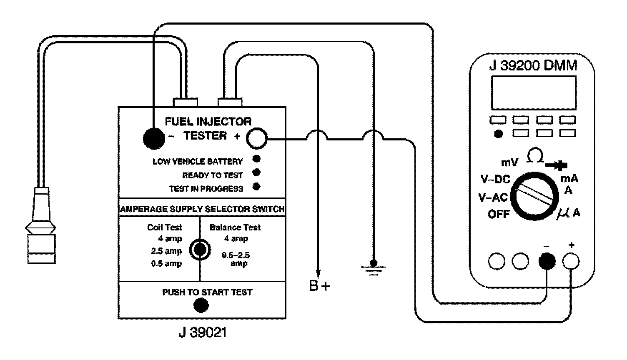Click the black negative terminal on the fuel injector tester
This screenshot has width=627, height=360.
coord(154,138)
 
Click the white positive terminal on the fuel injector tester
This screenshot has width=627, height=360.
coord(256,139)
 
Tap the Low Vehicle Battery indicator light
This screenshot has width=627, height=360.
coord(257,159)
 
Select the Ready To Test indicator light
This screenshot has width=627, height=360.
coord(257,172)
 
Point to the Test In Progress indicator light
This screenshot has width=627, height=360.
coord(257,186)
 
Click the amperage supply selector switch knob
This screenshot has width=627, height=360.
coord(199,249)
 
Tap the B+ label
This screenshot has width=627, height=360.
coord(320,287)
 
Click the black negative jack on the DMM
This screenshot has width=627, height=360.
coord(547,261)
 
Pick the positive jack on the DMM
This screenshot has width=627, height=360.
coord(571,261)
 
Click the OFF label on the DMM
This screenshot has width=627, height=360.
coord(499,214)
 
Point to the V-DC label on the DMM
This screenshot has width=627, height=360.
coord(495,180)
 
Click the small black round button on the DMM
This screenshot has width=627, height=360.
coord(498,134)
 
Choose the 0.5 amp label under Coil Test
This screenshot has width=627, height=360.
coord(166,263)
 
